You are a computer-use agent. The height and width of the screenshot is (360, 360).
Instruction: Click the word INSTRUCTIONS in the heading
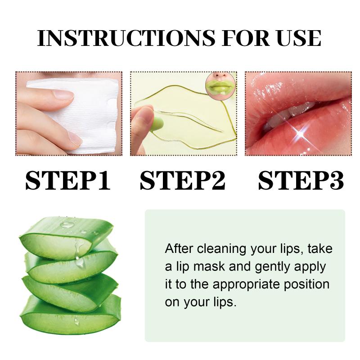click(x=126, y=38)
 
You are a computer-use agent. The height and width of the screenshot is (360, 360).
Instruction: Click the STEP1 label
click(x=68, y=180)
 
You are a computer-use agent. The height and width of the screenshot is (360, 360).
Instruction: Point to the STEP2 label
click(x=183, y=180)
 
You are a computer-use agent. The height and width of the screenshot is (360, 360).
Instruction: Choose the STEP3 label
click(x=301, y=180)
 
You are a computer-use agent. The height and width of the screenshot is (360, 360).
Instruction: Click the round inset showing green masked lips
click(x=220, y=85)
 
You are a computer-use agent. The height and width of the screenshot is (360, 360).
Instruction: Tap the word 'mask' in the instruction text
click(x=209, y=266)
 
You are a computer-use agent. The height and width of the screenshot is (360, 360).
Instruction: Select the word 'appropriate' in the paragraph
click(x=246, y=285)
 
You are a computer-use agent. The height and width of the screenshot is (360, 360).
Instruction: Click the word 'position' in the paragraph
click(x=307, y=285)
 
